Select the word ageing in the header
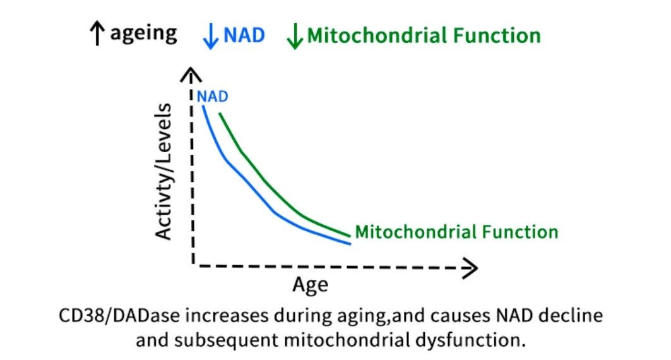point(143,33)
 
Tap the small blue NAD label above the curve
point(212,97)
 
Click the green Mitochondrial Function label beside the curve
point(456,232)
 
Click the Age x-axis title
point(310,285)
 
